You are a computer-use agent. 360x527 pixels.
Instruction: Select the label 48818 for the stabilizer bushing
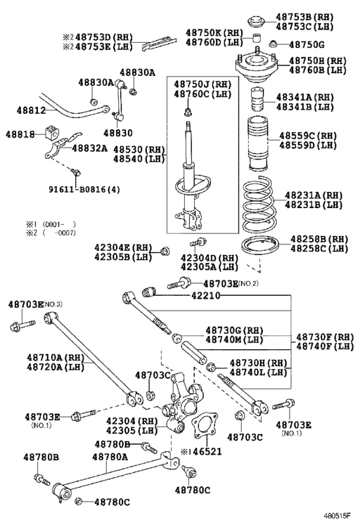(x=20, y=134)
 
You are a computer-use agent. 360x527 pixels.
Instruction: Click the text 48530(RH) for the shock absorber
(x=138, y=149)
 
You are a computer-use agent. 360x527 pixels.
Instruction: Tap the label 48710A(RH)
(x=55, y=357)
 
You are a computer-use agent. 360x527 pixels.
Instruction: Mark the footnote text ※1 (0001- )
(x=49, y=224)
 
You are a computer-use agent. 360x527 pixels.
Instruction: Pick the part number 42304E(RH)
(x=124, y=247)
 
